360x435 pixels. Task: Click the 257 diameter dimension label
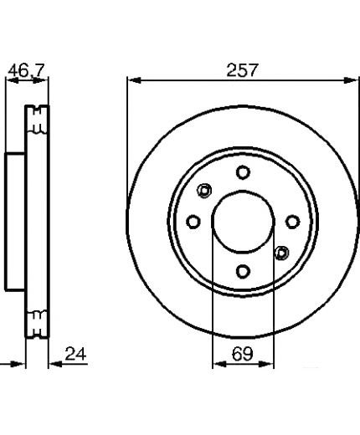pos(241,70)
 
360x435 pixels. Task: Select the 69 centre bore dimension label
pos(242,354)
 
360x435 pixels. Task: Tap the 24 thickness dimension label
pos(75,354)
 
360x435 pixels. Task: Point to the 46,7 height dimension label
pos(26,70)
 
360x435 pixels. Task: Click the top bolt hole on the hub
pos(243,172)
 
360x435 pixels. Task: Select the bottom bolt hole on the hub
pos(243,271)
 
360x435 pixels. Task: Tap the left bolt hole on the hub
pos(193,222)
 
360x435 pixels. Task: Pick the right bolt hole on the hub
pos(293,222)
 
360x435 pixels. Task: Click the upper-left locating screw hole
pos(204,191)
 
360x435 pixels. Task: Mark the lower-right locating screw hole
pos(281,253)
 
